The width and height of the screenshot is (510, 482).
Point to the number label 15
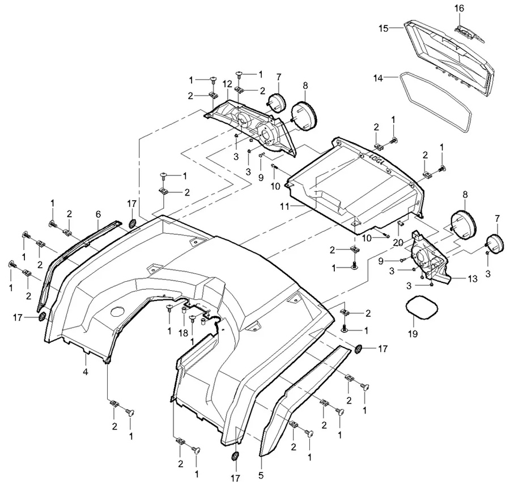383,28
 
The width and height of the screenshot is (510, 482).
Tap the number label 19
413,334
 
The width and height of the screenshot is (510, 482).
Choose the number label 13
472,279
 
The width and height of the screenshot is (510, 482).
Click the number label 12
227,84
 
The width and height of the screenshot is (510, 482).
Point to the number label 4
86,372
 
